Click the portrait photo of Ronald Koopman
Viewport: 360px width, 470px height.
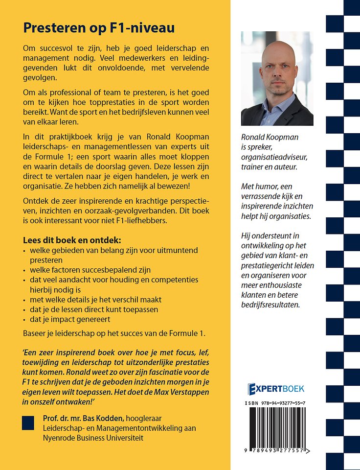[x=277, y=79]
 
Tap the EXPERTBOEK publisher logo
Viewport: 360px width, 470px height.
[x=276, y=389]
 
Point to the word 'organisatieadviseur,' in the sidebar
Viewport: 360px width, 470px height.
[x=277, y=157]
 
